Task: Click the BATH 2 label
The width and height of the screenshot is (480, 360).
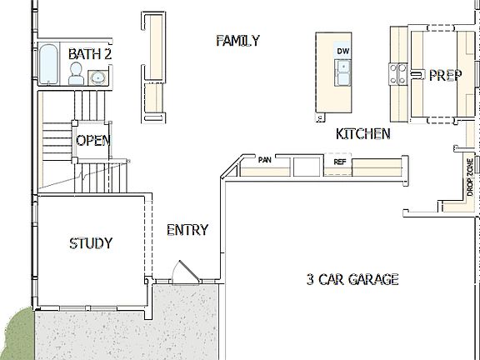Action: [x=90, y=54]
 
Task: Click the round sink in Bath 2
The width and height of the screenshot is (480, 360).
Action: [x=98, y=77]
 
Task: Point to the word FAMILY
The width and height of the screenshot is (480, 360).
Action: [x=237, y=40]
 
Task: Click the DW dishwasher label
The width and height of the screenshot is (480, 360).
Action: [x=342, y=52]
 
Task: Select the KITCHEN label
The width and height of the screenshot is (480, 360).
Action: [x=362, y=133]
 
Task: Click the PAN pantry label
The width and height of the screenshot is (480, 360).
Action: [x=265, y=159]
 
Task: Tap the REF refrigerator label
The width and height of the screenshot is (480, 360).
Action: [x=339, y=162]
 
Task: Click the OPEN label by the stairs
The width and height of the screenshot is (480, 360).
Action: [x=92, y=140]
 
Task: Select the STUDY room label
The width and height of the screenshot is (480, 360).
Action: [x=91, y=243]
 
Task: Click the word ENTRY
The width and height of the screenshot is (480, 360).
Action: [x=187, y=230]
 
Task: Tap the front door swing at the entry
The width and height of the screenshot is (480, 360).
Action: [x=183, y=272]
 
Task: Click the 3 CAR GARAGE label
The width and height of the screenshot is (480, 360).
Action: [x=352, y=279]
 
